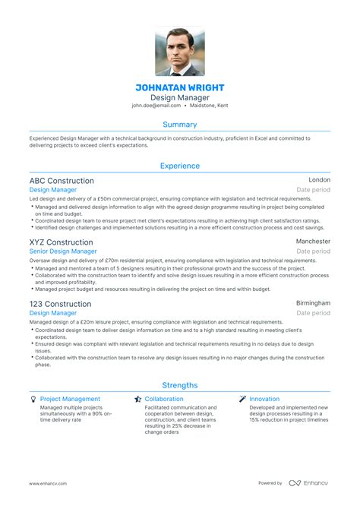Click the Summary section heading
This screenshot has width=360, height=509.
click(x=180, y=124)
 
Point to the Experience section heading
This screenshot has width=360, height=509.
click(x=180, y=166)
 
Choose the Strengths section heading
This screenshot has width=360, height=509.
click(x=180, y=385)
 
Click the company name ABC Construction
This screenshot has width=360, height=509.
click(x=62, y=181)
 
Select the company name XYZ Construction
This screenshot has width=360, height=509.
click(x=61, y=242)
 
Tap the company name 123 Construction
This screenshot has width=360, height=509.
click(x=60, y=304)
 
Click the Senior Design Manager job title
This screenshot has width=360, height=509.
click(x=63, y=251)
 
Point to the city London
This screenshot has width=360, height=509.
click(x=319, y=181)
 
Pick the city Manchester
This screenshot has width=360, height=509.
click(x=313, y=242)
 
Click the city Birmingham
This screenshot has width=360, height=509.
click(x=313, y=303)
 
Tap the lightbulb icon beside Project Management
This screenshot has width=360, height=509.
click(x=33, y=399)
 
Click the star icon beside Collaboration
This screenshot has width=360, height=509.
click(x=137, y=399)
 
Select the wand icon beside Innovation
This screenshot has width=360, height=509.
click(x=242, y=399)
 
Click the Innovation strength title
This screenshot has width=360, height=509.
click(x=264, y=399)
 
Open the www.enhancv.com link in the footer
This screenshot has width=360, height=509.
click(x=48, y=483)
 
